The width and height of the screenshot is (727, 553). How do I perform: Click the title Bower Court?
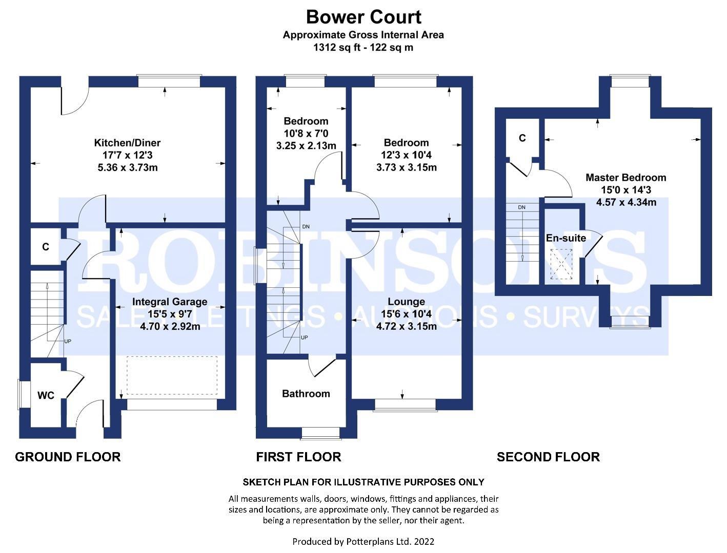[363, 17]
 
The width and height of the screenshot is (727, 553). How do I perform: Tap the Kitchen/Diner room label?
[127, 142]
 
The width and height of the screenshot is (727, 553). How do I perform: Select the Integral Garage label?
[170, 302]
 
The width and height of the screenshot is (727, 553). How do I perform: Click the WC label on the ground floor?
[46, 395]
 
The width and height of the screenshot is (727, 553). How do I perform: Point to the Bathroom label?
[306, 394]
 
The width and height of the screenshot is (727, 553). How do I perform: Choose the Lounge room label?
[407, 302]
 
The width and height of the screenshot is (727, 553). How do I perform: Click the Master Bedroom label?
[625, 178]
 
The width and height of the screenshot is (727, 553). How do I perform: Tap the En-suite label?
[566, 238]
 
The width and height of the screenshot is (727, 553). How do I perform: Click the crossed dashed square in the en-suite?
[561, 264]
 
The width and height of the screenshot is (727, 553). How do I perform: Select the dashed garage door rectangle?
[172, 375]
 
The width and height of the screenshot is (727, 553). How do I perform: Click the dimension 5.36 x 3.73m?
[128, 167]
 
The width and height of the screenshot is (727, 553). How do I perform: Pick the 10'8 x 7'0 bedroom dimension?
[306, 134]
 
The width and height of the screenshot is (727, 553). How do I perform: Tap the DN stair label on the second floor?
[521, 207]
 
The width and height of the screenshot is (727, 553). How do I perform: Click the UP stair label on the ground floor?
[68, 341]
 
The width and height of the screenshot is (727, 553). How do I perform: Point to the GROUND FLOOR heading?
[68, 457]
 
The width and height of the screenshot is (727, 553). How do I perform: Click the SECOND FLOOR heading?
[548, 457]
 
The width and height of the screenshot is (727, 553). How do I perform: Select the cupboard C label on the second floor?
[522, 138]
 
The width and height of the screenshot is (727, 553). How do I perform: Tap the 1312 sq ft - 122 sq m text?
[363, 48]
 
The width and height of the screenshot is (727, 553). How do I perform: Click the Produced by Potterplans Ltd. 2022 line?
[363, 541]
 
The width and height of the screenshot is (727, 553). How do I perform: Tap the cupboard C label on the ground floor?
[46, 247]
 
